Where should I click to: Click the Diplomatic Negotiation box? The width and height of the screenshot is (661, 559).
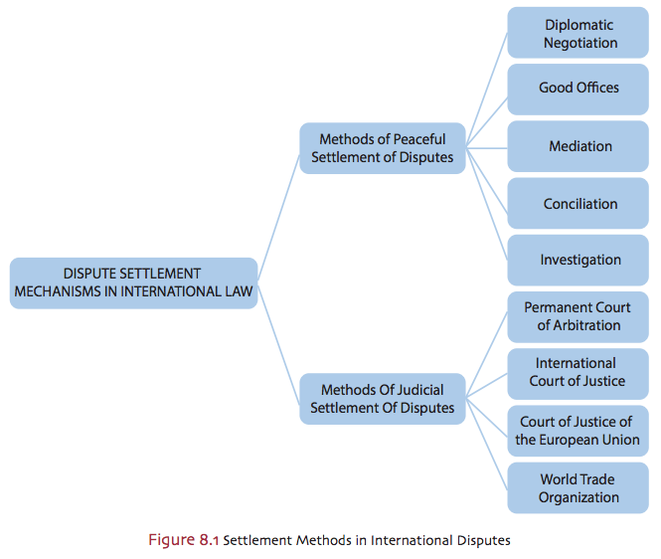coord(578,34)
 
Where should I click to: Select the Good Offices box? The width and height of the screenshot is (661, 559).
coord(578,89)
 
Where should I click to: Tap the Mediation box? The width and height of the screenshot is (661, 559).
coord(578,146)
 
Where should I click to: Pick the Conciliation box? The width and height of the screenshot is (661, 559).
coord(578,204)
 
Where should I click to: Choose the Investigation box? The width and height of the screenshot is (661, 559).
coord(578,260)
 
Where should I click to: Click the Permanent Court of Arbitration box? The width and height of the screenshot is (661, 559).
coord(578,316)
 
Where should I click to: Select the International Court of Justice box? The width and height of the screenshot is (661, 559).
coord(578,372)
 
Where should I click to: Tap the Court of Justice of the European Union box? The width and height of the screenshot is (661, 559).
coord(578,431)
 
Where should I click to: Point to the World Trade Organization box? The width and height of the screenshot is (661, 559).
coord(578,487)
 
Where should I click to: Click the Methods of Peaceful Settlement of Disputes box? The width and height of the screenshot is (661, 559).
coord(382,148)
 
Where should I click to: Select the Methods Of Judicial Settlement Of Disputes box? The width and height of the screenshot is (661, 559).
coord(382,399)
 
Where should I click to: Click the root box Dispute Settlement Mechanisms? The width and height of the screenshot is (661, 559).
coord(133,282)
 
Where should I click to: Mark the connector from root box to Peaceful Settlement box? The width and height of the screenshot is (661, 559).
coord(279,214)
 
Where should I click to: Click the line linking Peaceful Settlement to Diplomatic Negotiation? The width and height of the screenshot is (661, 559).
coord(487,90)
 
